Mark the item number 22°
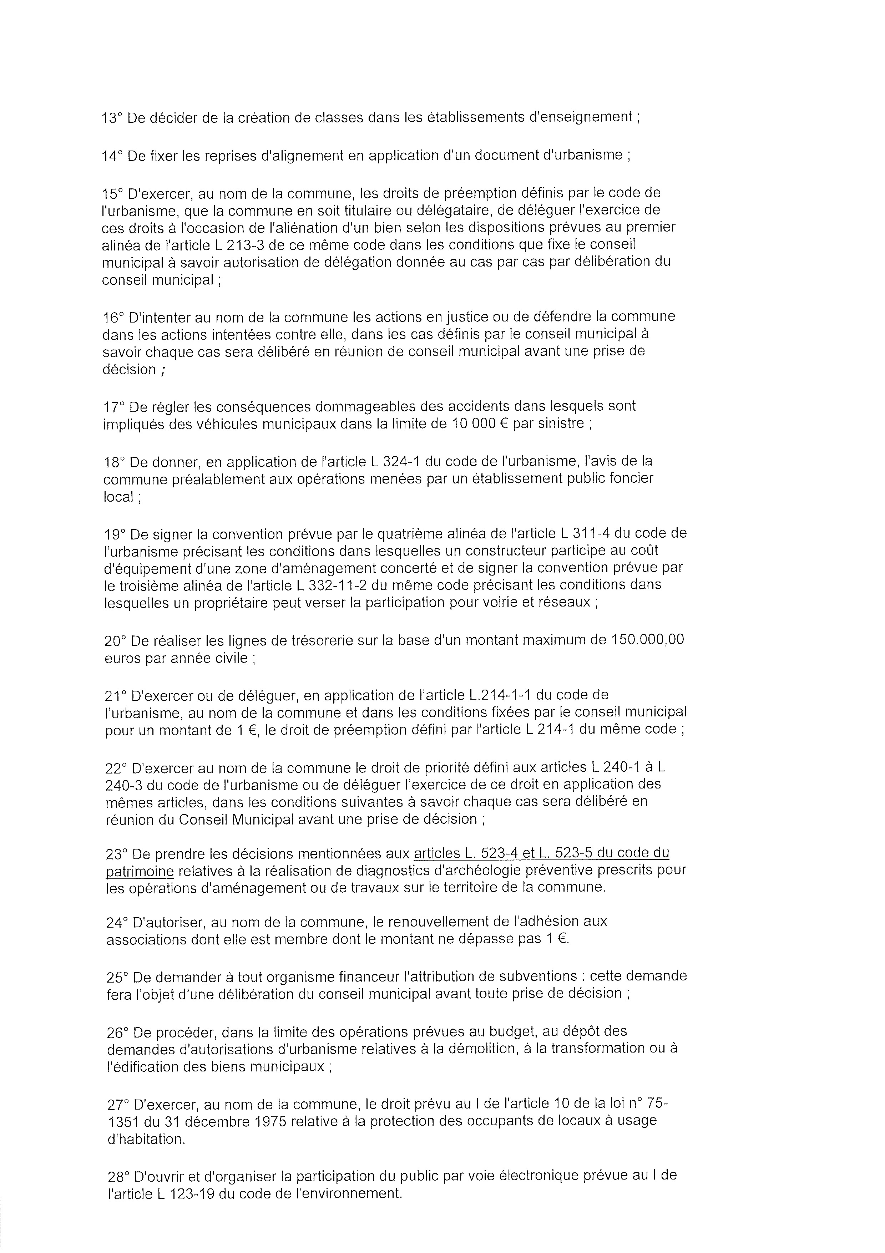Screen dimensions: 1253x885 (x=115, y=768)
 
